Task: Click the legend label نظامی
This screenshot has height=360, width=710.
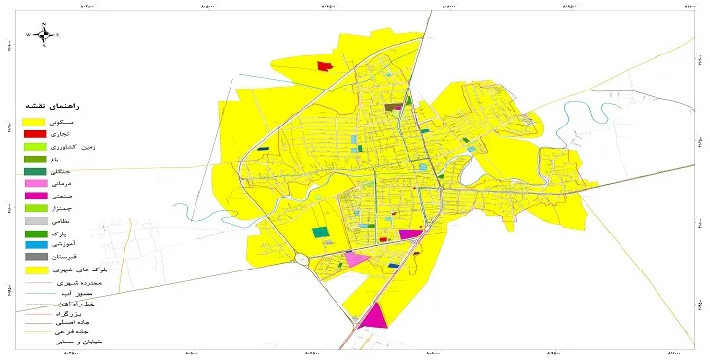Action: (76, 222)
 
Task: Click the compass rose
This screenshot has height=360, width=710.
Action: (44, 34)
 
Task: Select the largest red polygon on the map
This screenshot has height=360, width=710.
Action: (325, 66)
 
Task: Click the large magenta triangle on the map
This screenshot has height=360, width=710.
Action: (374, 316)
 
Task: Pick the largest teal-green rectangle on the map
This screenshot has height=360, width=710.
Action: (320, 233)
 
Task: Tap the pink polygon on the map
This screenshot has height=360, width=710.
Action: (356, 259)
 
